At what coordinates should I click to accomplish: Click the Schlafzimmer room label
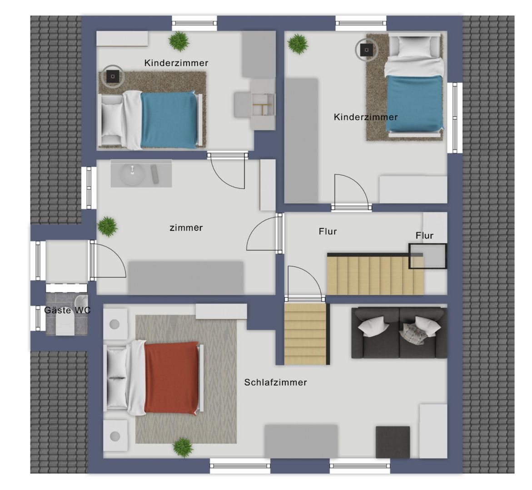click(275, 382)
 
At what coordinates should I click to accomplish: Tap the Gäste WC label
click(67, 310)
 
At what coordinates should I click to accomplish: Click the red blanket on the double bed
click(171, 378)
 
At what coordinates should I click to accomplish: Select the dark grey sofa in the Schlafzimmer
click(399, 333)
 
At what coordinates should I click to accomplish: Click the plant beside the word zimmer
click(108, 226)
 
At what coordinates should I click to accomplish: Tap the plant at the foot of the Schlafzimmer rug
click(183, 447)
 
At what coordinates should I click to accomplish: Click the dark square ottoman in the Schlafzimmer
click(393, 441)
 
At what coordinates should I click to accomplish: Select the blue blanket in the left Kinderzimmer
click(169, 120)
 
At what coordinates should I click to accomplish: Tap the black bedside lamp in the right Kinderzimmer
click(367, 50)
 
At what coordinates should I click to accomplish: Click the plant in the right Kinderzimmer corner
click(298, 44)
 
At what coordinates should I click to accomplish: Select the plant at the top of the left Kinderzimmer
click(179, 41)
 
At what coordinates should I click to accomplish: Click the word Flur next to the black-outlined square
click(424, 235)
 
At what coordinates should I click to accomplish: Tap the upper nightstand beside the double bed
click(115, 324)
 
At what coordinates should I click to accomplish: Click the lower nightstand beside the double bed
click(115, 436)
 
